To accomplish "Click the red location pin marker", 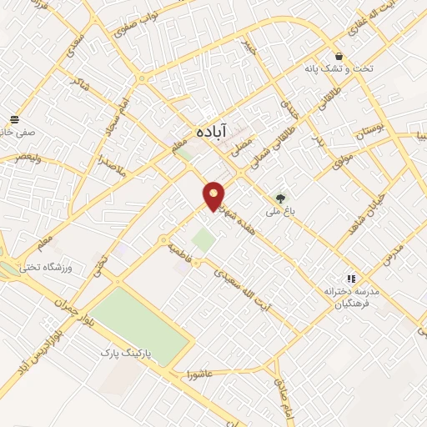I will click(x=214, y=196).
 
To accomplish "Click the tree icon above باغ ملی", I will click(x=281, y=198).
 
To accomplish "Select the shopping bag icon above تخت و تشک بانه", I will click(x=338, y=52).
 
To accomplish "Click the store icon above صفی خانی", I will click(x=14, y=120).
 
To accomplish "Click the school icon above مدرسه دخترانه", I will click(x=352, y=279).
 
